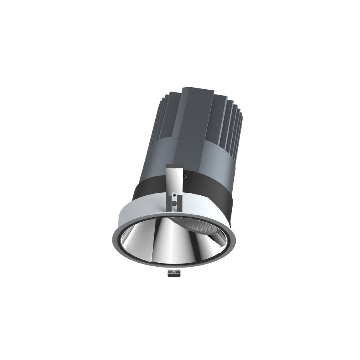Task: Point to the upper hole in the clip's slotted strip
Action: pos(174,195)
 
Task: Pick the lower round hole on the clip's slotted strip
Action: pos(174,203)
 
